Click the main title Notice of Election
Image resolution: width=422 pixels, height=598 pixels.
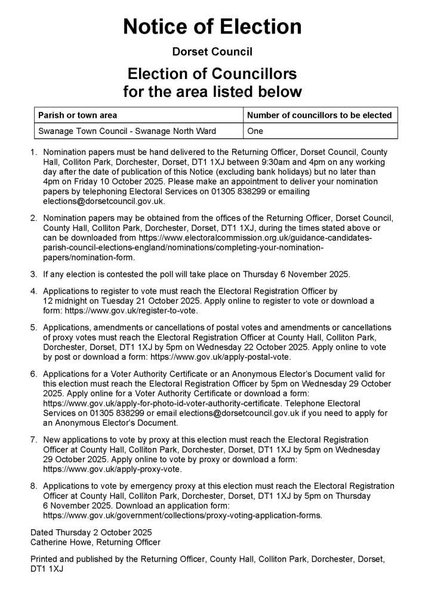pyautogui.click(x=212, y=27)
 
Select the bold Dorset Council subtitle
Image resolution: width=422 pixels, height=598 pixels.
pyautogui.click(x=212, y=52)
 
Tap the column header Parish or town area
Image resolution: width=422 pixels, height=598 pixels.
pyautogui.click(x=78, y=115)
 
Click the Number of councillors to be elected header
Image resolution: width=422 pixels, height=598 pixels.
pyautogui.click(x=319, y=115)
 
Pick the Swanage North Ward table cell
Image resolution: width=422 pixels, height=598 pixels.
pyautogui.click(x=127, y=130)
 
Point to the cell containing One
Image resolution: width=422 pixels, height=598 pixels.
pyautogui.click(x=255, y=130)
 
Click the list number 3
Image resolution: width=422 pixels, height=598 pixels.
pyautogui.click(x=34, y=274)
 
